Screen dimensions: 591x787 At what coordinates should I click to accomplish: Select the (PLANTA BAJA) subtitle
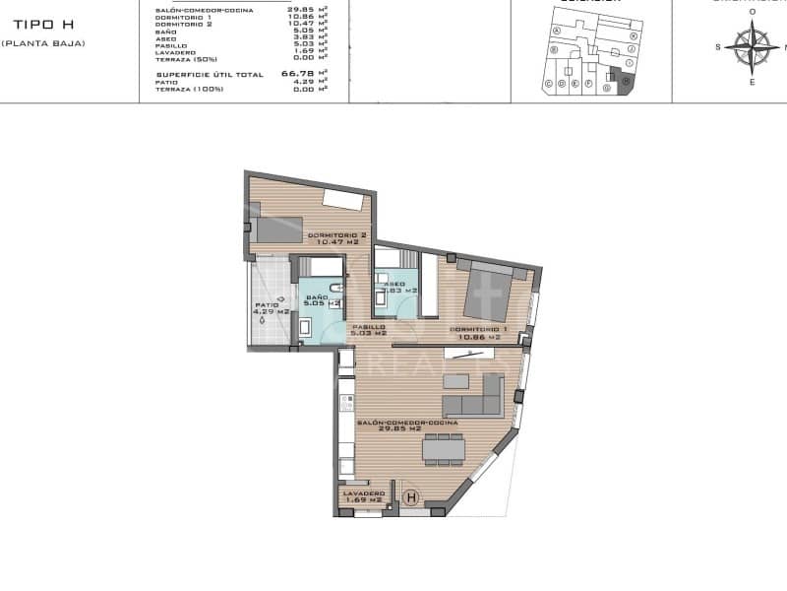click(42, 43)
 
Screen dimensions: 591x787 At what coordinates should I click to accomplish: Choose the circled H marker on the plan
click(411, 498)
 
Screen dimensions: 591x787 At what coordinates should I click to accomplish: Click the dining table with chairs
click(443, 449)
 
